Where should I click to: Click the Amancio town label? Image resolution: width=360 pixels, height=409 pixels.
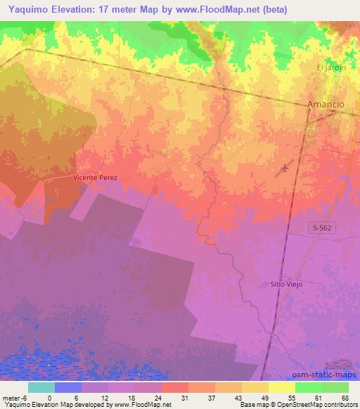[326, 104]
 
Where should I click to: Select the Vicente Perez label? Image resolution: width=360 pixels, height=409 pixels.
[94, 178]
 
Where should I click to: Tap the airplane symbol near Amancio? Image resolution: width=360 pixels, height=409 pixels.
[285, 167]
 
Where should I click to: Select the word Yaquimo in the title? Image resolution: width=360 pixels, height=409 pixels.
[26, 8]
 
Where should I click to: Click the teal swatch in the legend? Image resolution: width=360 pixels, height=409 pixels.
[42, 387]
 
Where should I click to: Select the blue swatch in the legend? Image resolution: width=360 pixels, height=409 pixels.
[68, 387]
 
